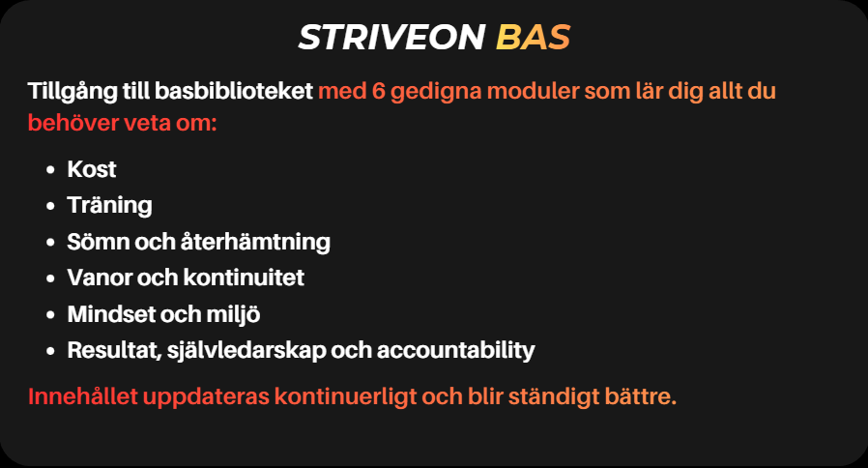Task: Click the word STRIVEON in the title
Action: click(391, 38)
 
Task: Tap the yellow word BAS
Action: click(533, 38)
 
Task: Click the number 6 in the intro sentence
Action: click(378, 93)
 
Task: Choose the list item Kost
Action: click(92, 169)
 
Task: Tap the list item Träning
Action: click(109, 205)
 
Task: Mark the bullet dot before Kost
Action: click(48, 170)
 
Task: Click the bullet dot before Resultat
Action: click(48, 351)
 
